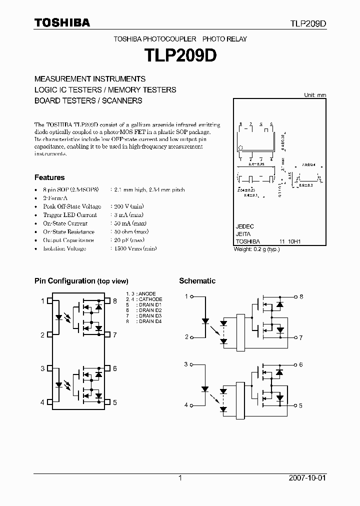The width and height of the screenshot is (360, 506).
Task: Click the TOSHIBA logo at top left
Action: [62, 22]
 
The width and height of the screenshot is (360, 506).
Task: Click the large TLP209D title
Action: [180, 54]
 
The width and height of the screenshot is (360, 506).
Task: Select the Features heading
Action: [49, 177]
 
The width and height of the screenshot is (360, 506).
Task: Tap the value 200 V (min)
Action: [129, 206]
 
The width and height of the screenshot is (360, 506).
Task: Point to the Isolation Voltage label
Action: [64, 248]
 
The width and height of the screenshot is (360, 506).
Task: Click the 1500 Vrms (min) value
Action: [131, 248]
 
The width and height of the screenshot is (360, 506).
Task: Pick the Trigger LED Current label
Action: [63, 215]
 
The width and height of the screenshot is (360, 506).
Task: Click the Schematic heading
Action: [197, 281]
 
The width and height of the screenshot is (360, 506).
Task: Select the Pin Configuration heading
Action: [81, 281]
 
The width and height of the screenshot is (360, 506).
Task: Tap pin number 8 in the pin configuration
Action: [115, 301]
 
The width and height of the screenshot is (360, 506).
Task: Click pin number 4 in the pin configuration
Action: [42, 402]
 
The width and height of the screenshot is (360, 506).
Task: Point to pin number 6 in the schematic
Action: [301, 365]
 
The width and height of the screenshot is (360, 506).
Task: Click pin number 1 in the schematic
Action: [186, 296]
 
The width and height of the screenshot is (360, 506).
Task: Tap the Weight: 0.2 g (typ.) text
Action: [256, 249]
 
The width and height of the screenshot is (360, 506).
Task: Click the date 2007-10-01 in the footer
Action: [307, 478]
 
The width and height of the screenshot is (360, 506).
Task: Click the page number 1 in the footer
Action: [180, 478]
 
